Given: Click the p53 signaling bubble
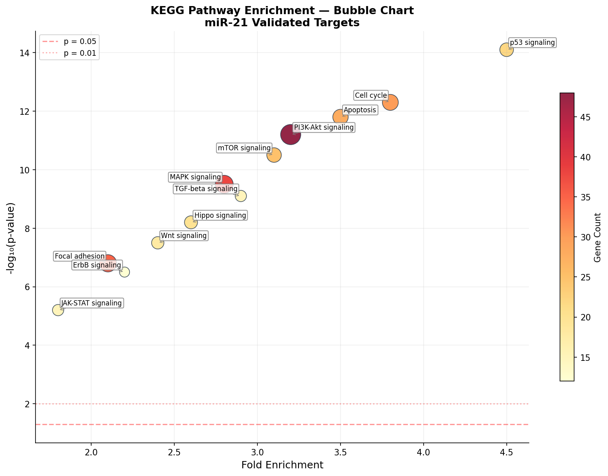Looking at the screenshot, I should click(x=506, y=50).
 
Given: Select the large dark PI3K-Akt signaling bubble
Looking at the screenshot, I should click(x=290, y=135).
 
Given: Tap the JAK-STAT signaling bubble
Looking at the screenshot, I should click(x=58, y=310).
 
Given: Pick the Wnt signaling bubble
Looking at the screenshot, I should click(x=158, y=243).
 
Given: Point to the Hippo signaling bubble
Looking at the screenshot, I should click(x=191, y=222).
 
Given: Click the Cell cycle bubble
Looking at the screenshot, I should click(x=391, y=103).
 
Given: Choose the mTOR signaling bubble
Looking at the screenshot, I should click(x=274, y=155).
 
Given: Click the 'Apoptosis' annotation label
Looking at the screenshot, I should click(x=359, y=110).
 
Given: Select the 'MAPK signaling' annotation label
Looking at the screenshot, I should click(x=195, y=177).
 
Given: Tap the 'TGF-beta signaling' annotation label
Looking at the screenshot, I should click(x=206, y=189).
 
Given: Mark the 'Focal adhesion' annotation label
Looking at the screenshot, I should click(x=79, y=256).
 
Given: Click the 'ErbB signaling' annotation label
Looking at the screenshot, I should click(x=97, y=265).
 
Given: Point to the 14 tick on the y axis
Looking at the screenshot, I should click(x=26, y=53).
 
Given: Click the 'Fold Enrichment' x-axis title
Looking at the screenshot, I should click(x=282, y=465).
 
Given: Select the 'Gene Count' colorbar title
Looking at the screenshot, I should click(x=598, y=237).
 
